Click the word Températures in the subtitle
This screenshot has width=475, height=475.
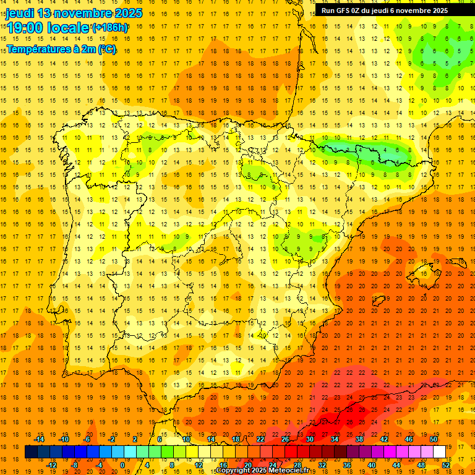38,49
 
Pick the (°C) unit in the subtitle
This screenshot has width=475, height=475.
106,49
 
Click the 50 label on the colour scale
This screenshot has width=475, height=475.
434,439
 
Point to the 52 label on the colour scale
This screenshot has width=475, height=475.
446,464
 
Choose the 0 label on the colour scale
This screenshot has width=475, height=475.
122,464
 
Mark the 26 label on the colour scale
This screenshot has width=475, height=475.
285,439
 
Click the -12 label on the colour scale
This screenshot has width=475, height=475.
51,464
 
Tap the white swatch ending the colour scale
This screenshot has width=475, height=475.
439,452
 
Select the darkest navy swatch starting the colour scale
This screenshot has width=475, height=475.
31,452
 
